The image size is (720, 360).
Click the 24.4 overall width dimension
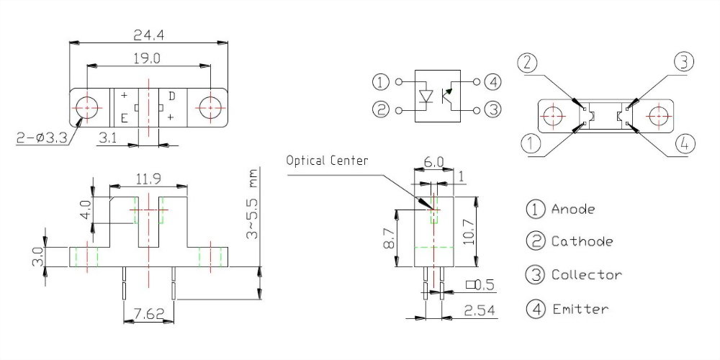click(x=149, y=33)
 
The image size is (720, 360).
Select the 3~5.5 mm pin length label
click(x=252, y=205)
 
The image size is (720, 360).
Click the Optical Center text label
click(x=327, y=160)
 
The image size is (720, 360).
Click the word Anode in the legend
click(x=573, y=210)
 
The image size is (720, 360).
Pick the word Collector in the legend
click(x=586, y=274)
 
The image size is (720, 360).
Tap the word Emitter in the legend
click(x=580, y=310)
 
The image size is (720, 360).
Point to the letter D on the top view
click(x=171, y=96)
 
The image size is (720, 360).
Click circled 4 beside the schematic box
click(x=492, y=81)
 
